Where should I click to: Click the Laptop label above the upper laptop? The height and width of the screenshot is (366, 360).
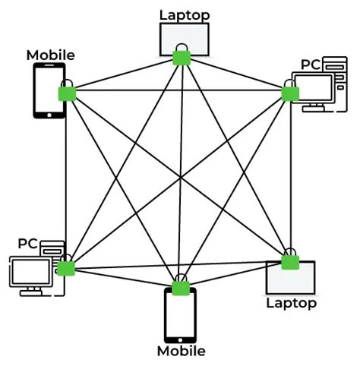[183, 14]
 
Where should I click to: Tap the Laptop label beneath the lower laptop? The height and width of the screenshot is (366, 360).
[289, 303]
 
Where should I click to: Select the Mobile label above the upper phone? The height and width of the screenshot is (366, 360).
[50, 55]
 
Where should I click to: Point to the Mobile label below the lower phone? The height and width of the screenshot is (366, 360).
[181, 351]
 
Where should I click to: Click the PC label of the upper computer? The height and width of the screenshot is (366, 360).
[310, 64]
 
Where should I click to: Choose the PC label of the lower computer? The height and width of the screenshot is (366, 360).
[28, 244]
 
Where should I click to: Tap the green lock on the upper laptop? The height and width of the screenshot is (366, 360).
[181, 58]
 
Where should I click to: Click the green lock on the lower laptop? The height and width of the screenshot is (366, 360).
[289, 261]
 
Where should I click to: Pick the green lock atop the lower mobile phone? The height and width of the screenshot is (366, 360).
[180, 287]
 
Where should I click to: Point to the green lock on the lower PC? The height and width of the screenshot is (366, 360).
[67, 267]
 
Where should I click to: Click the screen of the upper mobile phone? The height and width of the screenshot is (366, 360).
[47, 90]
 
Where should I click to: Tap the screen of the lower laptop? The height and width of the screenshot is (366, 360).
[292, 279]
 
